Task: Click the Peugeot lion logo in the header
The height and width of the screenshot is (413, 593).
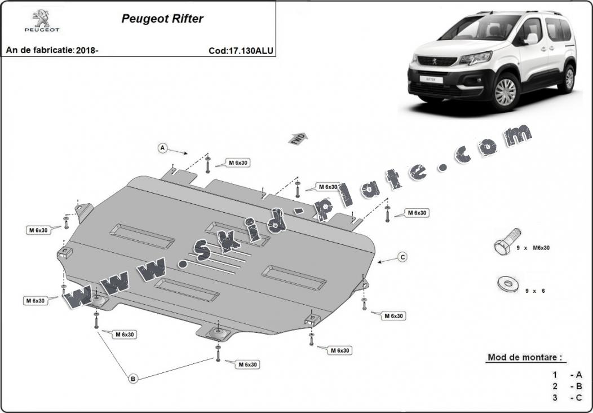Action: [42, 21]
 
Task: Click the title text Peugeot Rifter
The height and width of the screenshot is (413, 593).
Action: [162, 19]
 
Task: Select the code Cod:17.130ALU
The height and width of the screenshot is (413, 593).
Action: [241, 51]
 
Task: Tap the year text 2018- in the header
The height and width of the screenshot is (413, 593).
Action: [87, 50]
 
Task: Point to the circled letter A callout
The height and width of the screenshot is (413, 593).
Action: [162, 148]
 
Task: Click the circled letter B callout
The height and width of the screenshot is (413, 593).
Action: [132, 378]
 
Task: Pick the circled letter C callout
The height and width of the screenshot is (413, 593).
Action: [403, 257]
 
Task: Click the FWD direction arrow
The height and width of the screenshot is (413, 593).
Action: [298, 139]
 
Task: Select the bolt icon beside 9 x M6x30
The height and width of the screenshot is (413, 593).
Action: [507, 241]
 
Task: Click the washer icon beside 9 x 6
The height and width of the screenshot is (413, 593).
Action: [508, 284]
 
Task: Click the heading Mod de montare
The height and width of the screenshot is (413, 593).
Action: [525, 357]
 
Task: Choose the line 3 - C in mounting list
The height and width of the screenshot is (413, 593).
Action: [567, 397]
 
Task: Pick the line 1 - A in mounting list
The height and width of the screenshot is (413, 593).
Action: [567, 375]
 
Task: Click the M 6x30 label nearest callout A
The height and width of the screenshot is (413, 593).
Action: [238, 163]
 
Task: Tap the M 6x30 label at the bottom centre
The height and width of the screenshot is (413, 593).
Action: [247, 364]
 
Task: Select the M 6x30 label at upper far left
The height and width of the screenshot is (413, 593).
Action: [38, 230]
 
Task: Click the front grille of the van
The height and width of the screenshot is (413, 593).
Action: [437, 61]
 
